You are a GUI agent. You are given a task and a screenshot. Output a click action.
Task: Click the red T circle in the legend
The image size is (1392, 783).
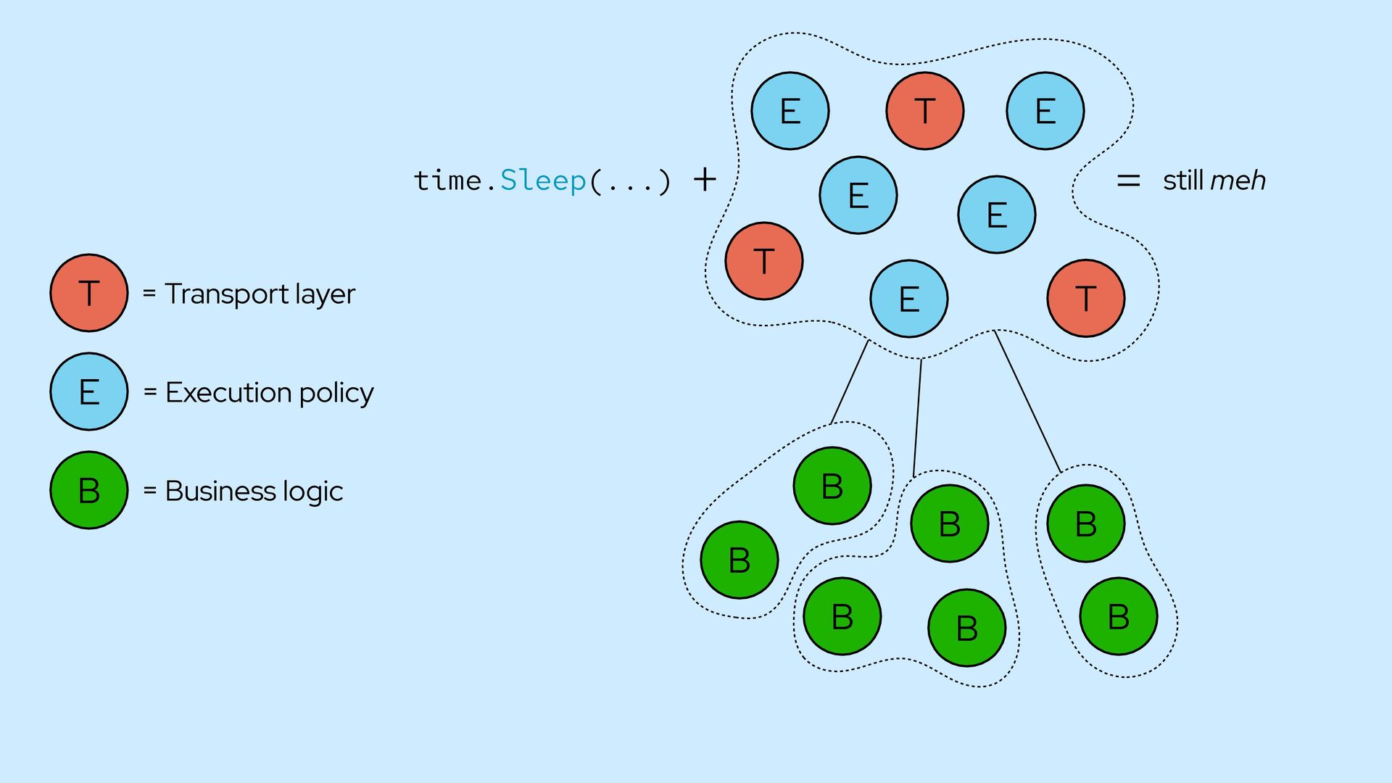89,293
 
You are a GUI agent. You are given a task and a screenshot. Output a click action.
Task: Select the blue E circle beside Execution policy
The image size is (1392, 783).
89,391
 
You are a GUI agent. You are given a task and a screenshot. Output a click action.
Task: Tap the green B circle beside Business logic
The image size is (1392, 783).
89,490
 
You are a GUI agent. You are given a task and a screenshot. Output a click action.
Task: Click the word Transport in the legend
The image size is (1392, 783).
227,294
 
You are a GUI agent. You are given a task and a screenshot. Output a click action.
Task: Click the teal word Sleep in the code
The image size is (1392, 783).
543,180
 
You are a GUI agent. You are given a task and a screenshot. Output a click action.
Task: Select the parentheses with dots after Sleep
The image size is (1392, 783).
631,181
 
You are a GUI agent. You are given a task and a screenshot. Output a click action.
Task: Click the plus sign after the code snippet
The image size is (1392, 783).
705,179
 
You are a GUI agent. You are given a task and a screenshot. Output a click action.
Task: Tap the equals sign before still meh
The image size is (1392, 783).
1128,181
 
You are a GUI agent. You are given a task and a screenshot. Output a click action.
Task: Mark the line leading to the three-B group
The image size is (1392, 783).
917,418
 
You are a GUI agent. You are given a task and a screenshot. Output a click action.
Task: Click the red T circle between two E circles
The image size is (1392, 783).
924,111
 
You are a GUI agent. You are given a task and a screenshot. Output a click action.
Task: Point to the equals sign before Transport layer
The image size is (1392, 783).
149,294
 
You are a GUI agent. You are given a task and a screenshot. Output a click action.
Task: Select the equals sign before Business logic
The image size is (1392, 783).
150,491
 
